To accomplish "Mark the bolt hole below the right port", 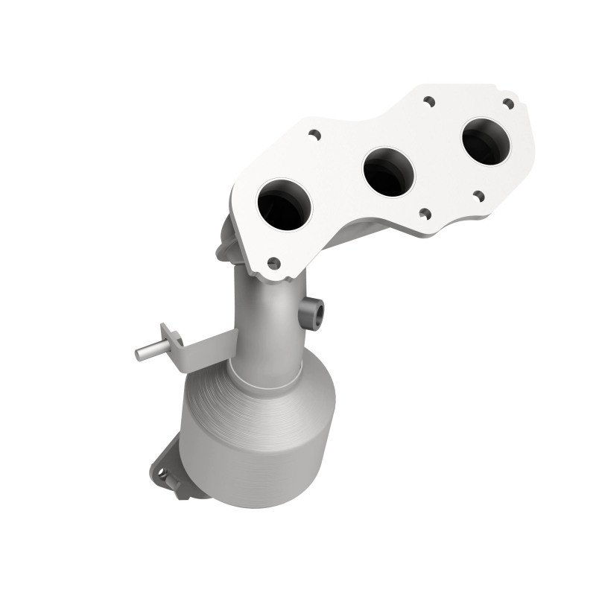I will pyautogui.click(x=478, y=196).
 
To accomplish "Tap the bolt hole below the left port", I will pyautogui.click(x=273, y=262).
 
